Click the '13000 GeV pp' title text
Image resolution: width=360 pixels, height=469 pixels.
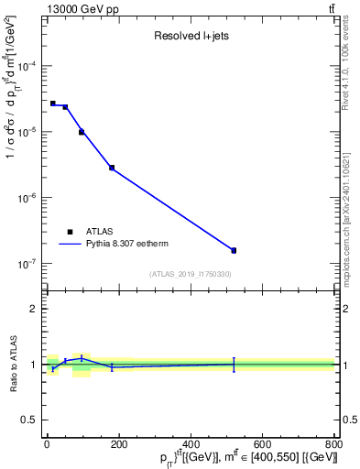pyautogui.click(x=77, y=8)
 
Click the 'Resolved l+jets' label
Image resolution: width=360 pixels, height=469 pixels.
pyautogui.click(x=190, y=37)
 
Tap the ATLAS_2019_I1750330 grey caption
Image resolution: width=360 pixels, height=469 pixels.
pyautogui.click(x=191, y=274)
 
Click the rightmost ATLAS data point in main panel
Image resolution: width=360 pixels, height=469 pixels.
pyautogui.click(x=234, y=250)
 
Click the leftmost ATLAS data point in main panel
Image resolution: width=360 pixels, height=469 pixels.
pyautogui.click(x=53, y=104)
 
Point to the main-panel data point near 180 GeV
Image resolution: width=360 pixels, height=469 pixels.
pyautogui.click(x=112, y=168)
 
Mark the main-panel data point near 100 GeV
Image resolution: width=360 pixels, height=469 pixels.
pyautogui.click(x=82, y=132)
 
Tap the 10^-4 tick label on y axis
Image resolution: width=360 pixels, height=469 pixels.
pyautogui.click(x=28, y=67)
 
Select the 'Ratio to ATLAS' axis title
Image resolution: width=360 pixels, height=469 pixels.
pyautogui.click(x=13, y=365)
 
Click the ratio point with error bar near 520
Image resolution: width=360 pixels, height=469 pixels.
pyautogui.click(x=234, y=364)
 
